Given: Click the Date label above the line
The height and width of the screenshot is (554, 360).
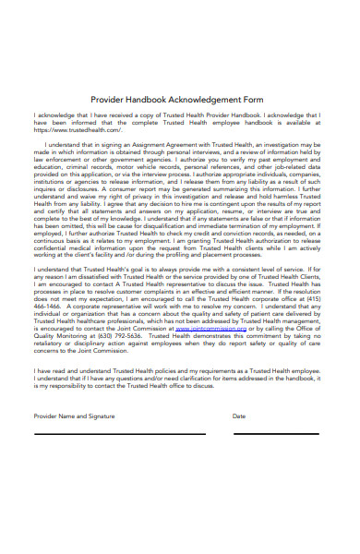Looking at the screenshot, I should tap(239, 416).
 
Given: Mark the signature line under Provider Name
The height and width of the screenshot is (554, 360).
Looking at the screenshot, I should tap(121, 433).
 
